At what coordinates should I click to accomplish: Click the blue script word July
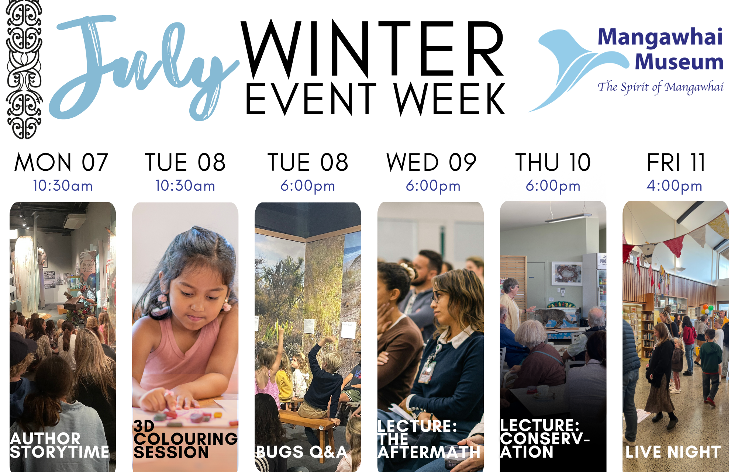[144, 68]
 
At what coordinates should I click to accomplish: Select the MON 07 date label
[61, 162]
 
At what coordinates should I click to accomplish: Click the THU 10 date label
[553, 162]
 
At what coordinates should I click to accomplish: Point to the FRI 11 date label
[676, 162]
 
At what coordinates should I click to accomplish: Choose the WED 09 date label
[431, 162]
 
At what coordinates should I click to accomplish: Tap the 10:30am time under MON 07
[63, 186]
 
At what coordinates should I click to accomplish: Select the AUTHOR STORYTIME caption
[59, 445]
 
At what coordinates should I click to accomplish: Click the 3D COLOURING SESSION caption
[186, 439]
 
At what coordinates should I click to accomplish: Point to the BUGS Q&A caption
[301, 452]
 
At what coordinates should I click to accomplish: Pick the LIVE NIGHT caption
[673, 452]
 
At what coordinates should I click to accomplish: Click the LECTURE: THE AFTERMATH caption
[429, 439]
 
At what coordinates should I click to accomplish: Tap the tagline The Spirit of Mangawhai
[661, 87]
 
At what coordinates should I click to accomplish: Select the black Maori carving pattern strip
[24, 69]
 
